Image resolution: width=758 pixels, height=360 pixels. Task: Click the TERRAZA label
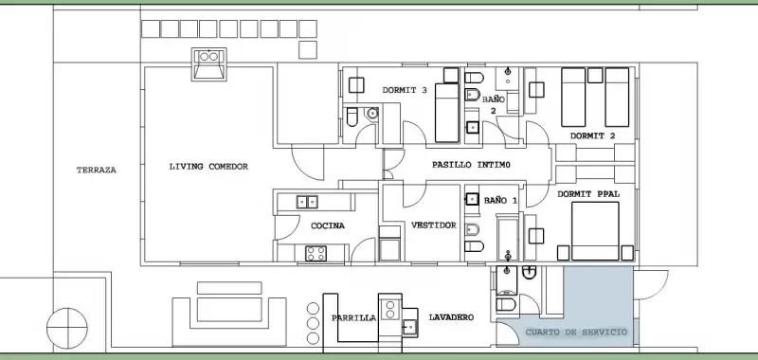click(97, 171)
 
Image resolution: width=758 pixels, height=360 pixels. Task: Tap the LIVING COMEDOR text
click(208, 167)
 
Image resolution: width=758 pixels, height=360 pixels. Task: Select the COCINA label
click(328, 225)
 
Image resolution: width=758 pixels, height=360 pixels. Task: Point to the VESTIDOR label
click(434, 225)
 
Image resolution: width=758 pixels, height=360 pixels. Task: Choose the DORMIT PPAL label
click(588, 194)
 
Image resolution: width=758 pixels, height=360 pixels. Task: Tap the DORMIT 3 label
click(405, 90)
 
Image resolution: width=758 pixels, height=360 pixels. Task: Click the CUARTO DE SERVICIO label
click(576, 333)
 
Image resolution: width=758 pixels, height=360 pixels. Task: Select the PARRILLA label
click(353, 318)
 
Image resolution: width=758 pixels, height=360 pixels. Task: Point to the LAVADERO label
click(451, 317)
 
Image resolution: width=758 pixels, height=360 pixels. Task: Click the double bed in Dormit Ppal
click(595, 231)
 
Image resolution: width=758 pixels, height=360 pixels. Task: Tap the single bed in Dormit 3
click(446, 113)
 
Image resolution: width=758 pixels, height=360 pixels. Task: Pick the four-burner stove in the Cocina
click(316, 254)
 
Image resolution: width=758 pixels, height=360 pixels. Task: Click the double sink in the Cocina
click(307, 202)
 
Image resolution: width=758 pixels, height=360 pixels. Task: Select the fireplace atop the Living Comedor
click(208, 64)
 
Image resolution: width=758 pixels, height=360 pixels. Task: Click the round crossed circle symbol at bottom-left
click(67, 328)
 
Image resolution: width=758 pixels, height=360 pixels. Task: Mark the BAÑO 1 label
click(500, 200)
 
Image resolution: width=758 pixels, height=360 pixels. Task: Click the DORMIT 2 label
click(593, 136)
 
